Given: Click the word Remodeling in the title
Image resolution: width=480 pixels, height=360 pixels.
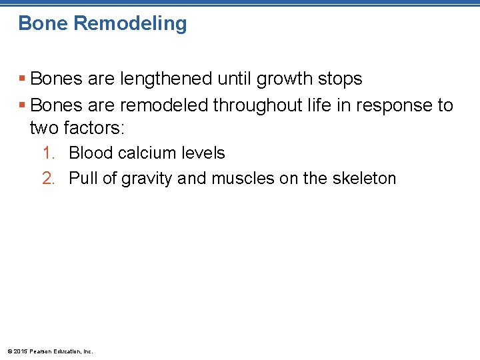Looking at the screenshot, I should (x=130, y=23).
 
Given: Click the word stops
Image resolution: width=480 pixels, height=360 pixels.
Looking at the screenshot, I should (x=340, y=79).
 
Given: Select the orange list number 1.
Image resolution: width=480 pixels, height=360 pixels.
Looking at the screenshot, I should (x=48, y=153).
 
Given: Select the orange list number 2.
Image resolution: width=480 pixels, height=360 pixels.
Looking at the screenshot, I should (x=48, y=179).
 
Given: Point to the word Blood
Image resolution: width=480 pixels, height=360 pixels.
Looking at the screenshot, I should (x=91, y=153).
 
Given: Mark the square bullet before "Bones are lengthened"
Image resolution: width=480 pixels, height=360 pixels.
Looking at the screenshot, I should (x=23, y=79).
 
